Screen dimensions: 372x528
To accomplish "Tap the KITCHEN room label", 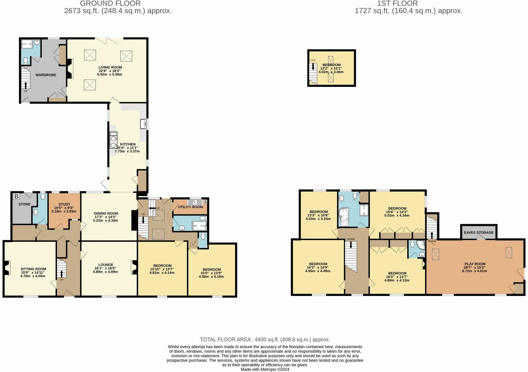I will pos(128,144).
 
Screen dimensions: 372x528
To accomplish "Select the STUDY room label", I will pos(64,204).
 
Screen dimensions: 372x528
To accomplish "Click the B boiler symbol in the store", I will pos(16,197).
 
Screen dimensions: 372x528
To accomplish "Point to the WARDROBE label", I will pos(46,75).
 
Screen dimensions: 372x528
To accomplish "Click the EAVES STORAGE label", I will pos(478,232).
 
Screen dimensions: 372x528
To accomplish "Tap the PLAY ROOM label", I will pos(475,264).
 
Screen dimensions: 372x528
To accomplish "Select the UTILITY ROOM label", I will pos(190,207).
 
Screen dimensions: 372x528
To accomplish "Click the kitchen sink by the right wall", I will pos(144,124).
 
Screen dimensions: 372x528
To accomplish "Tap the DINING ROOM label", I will pos(106,213).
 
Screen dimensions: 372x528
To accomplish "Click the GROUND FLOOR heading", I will pos(110,3).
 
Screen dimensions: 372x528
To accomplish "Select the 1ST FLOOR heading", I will pos(397,3).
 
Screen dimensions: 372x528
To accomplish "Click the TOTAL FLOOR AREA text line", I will pos(265,339).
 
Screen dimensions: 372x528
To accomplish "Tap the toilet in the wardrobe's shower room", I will pos(25,61).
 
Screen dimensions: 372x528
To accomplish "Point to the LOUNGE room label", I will pos(106,265).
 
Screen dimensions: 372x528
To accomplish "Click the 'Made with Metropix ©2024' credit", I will pos(265,369).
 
